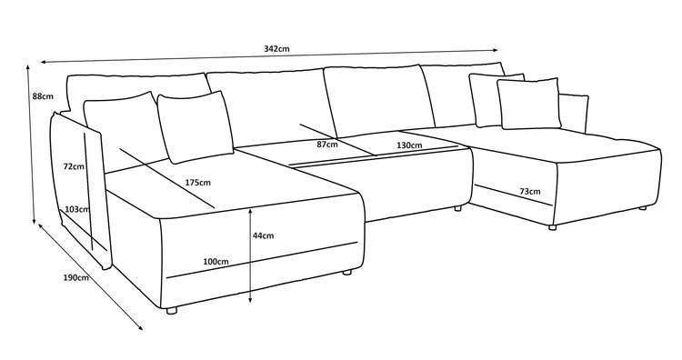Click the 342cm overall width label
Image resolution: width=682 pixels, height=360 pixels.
click(276, 49)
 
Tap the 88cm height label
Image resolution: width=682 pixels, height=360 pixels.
click(43, 96)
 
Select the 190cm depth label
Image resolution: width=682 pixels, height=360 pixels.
click(75, 277)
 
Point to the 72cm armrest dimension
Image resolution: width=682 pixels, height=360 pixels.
click(74, 166)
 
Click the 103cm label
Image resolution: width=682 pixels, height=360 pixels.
click(77, 209)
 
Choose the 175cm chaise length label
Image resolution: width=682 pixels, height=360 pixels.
click(198, 183)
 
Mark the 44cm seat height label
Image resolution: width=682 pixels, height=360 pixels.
click(263, 235)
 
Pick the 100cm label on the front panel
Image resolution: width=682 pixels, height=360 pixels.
click(216, 262)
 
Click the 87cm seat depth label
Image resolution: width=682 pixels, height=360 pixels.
click(326, 145)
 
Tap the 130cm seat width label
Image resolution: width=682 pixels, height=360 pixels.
click(409, 145)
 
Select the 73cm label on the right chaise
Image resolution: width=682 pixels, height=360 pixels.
click(530, 191)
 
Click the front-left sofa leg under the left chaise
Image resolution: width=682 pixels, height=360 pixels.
click(172, 310)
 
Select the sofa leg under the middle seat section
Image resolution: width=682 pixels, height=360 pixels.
click(457, 208)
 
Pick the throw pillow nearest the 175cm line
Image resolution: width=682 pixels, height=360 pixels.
click(196, 126)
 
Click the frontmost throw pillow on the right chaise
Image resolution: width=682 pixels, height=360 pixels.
click(528, 104)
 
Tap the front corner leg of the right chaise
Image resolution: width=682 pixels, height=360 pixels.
click(552, 227)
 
